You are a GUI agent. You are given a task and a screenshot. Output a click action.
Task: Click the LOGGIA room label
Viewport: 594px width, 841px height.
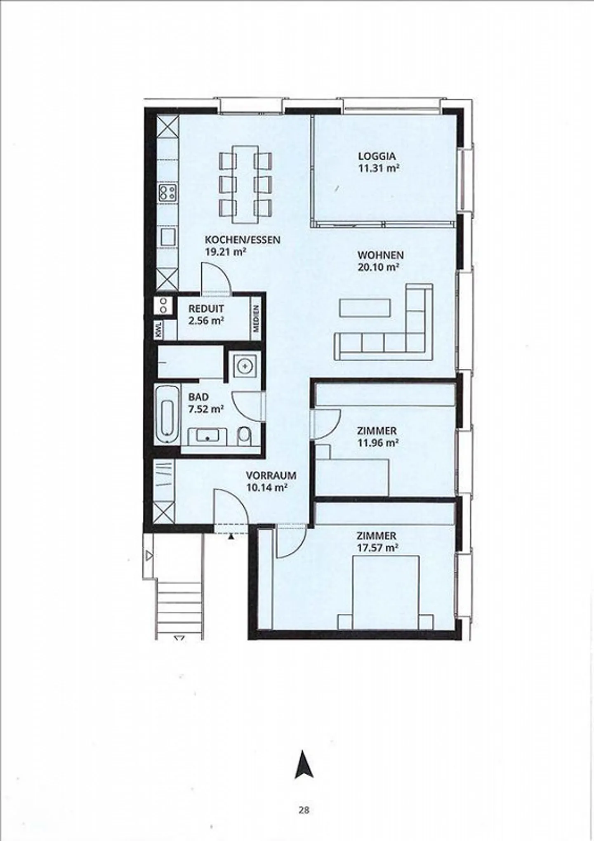[377, 156]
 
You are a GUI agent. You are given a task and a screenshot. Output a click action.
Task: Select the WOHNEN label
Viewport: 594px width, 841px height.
[380, 255]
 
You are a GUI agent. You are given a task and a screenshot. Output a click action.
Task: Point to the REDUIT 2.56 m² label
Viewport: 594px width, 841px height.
[206, 314]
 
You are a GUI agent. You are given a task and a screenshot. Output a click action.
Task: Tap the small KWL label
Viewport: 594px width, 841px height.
[159, 330]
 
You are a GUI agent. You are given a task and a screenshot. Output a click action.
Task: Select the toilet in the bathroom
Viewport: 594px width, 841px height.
[244, 436]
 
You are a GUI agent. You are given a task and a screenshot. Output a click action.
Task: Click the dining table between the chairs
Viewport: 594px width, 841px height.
[245, 184]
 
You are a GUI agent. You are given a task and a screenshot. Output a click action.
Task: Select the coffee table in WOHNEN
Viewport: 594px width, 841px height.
[365, 307]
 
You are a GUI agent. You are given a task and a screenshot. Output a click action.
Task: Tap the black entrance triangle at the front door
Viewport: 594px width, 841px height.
[231, 536]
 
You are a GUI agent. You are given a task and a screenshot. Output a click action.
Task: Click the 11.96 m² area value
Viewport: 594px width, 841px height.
[377, 443]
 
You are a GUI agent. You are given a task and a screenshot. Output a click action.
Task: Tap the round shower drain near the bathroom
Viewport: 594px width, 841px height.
[244, 365]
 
